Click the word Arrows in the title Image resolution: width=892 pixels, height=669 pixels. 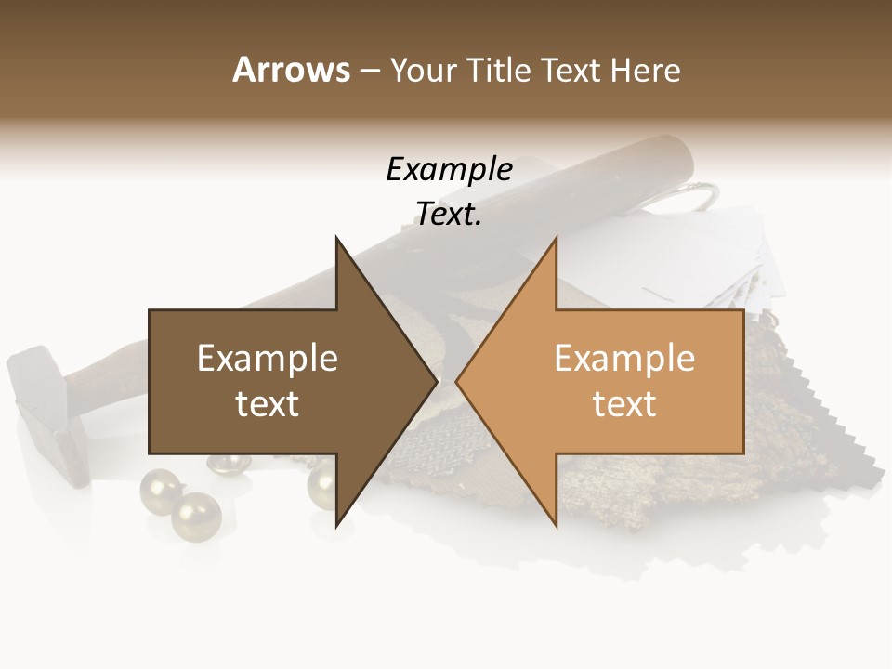[x=291, y=70]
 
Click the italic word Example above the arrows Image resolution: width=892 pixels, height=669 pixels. [x=449, y=169]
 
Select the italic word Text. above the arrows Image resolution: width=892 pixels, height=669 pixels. [x=449, y=215]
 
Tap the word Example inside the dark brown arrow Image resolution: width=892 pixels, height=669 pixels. [x=268, y=358]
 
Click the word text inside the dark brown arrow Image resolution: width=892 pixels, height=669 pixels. [x=268, y=404]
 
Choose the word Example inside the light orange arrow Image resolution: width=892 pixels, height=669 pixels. [x=624, y=358]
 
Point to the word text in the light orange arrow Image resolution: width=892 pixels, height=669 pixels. [x=624, y=404]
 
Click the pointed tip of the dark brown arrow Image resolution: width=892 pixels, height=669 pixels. [x=437, y=381]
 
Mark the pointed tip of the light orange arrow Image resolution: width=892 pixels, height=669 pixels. [x=456, y=381]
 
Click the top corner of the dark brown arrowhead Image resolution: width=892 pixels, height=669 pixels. [x=336, y=238]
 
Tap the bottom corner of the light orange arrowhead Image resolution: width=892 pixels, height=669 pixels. [x=556, y=526]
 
